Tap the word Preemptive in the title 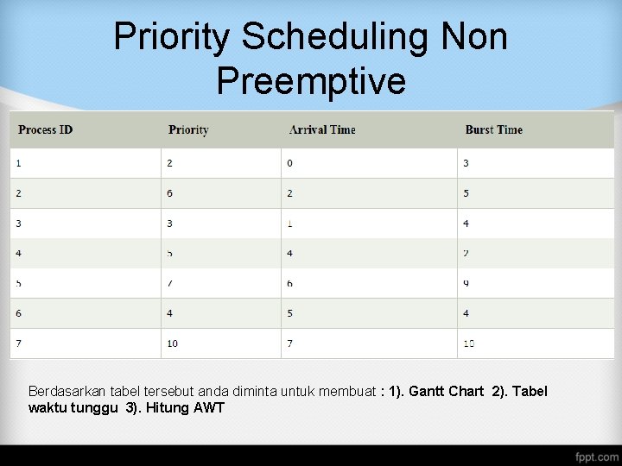(311, 81)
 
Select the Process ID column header (46, 130)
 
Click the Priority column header (188, 130)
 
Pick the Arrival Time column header (322, 130)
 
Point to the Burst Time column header (493, 130)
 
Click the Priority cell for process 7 (173, 343)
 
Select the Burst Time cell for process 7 (468, 343)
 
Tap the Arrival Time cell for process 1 (290, 163)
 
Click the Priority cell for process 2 (170, 193)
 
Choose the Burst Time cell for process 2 (466, 193)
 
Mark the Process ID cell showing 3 (19, 224)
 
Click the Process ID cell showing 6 (19, 313)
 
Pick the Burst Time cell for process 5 (466, 283)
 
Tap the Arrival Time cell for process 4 (290, 254)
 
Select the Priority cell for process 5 (170, 283)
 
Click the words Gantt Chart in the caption (446, 392)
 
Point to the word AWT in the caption (209, 408)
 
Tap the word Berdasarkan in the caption (67, 392)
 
